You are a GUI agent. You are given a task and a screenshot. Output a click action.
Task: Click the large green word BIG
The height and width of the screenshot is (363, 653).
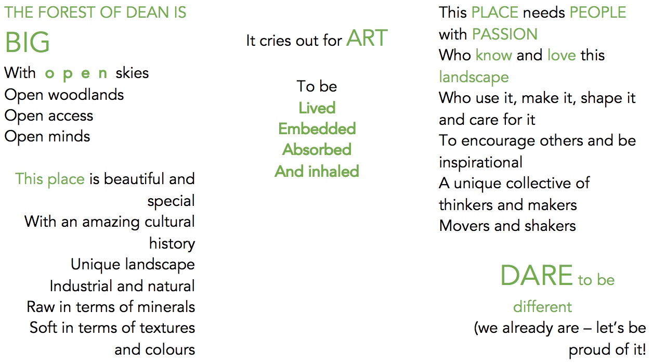[28, 42]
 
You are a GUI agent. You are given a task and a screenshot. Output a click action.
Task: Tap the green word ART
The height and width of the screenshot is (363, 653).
[367, 38]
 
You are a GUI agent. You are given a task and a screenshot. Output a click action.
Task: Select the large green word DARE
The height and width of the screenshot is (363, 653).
[537, 275]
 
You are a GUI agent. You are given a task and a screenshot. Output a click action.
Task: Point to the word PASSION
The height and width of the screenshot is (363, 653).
[505, 34]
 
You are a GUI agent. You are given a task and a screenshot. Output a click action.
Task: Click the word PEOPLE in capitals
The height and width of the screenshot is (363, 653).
[597, 12]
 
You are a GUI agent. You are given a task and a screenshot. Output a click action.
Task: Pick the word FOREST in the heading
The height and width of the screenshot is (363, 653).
[67, 12]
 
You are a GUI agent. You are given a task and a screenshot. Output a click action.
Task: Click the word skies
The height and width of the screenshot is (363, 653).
[132, 73]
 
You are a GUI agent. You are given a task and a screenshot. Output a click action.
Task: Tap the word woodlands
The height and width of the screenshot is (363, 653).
[86, 95]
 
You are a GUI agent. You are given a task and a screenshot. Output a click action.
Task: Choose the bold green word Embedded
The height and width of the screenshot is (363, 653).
[317, 128]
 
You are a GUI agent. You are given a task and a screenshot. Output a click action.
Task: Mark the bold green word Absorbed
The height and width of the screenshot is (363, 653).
[317, 150]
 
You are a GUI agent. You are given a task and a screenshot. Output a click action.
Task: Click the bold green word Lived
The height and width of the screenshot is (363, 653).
[317, 108]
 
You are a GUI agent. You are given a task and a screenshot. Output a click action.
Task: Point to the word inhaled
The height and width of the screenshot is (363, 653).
[333, 171]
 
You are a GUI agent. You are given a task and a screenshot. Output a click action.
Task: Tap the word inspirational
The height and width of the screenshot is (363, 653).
[481, 162]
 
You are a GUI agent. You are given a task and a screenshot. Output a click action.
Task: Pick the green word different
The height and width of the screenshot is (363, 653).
[542, 307]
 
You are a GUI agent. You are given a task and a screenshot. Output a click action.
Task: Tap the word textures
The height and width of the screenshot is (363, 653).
[167, 328]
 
